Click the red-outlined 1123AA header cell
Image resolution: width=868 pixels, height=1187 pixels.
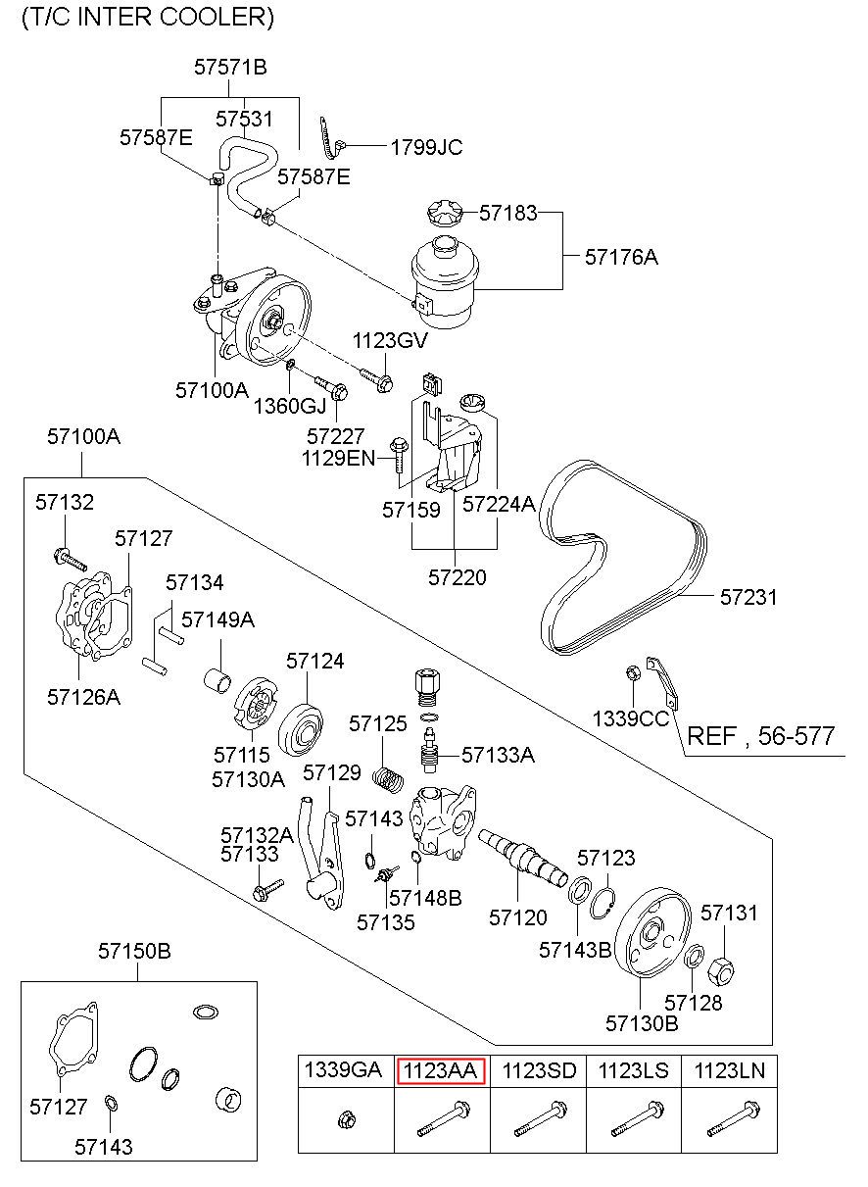tap(440, 1070)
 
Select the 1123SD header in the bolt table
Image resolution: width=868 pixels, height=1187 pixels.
tap(539, 1070)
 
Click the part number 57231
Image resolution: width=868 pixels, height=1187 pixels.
tap(748, 596)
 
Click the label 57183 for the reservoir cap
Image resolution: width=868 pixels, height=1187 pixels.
tap(507, 212)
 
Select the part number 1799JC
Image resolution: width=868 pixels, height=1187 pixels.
tap(426, 148)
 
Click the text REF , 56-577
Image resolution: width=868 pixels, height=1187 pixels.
tap(763, 736)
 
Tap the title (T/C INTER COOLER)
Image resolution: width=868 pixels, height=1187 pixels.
tap(148, 17)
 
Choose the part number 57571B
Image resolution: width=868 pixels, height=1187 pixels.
tap(230, 68)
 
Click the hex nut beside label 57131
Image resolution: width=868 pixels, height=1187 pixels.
tap(720, 970)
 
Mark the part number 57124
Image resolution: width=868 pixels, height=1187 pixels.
tap(315, 662)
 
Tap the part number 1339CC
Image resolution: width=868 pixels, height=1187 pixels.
tap(631, 717)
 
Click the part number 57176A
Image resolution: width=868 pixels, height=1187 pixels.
tap(621, 258)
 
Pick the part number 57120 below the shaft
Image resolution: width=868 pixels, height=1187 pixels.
tap(518, 917)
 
